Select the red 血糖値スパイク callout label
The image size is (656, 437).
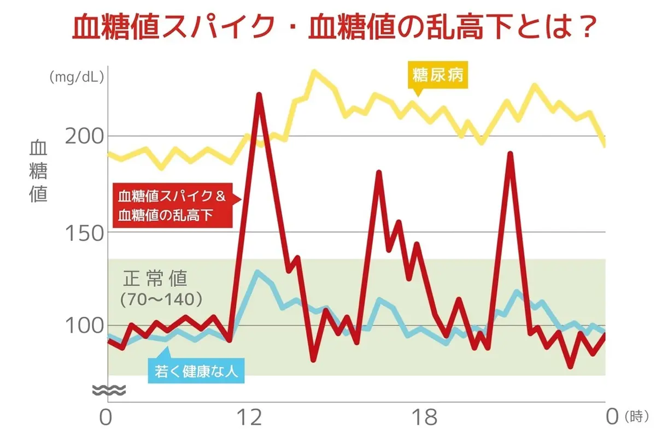173,204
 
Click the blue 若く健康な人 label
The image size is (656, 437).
195,373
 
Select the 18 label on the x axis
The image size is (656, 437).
425,418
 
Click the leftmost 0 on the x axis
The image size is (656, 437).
106,418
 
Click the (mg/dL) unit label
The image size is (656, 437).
75,78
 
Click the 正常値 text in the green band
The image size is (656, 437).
155,279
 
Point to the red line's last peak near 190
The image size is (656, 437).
509,154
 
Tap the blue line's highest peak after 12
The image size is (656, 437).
256,271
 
